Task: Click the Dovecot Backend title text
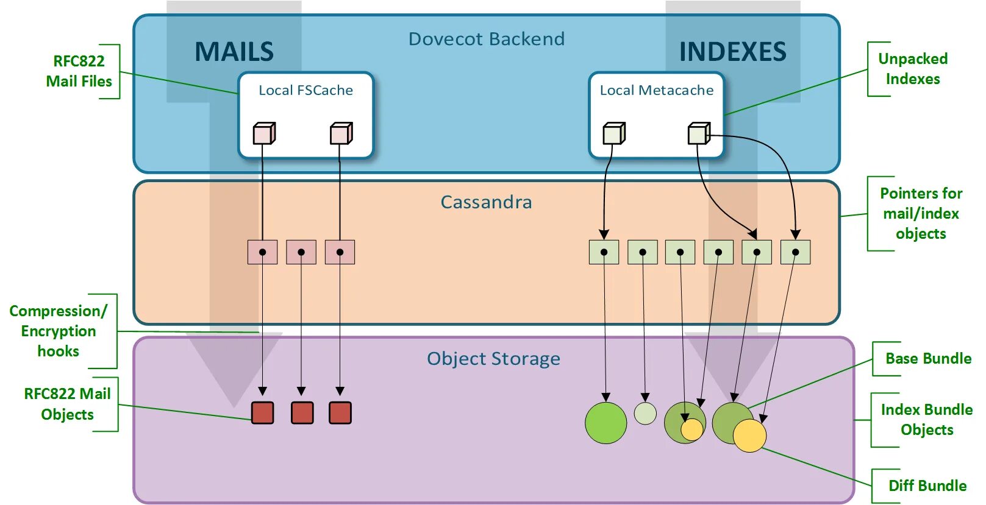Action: point(487,39)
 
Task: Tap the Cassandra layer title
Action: point(487,202)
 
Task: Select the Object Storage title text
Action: point(493,359)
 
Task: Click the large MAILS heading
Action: point(234,51)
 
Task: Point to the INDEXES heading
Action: point(733,51)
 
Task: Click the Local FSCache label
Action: point(305,90)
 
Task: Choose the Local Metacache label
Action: point(657,90)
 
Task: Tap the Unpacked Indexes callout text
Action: point(913,69)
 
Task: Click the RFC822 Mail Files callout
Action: point(79,71)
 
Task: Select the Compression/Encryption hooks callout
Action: point(59,331)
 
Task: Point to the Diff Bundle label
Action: point(928,486)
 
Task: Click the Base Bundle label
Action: point(928,359)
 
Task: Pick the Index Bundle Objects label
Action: point(927,420)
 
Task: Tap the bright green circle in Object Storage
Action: point(606,423)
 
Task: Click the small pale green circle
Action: point(645,414)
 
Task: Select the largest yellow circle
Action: point(749,436)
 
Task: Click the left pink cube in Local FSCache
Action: point(264,133)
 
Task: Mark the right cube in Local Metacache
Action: point(699,133)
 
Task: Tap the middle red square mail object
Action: point(302,413)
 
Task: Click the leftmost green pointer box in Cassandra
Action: point(604,252)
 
